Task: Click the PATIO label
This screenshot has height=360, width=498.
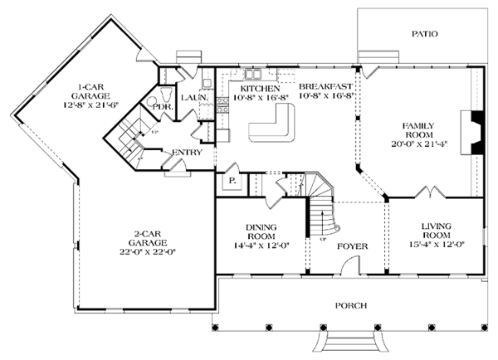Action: (x=423, y=34)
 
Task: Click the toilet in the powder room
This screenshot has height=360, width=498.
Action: (x=154, y=102)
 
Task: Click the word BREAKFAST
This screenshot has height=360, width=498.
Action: (x=326, y=87)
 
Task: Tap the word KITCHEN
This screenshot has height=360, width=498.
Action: (x=259, y=87)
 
